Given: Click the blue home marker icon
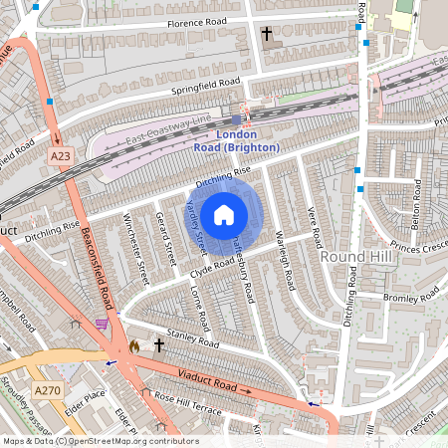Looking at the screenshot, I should (x=224, y=215).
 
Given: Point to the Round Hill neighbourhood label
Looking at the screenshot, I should (x=347, y=256).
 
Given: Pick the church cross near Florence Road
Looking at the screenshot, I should (x=266, y=34).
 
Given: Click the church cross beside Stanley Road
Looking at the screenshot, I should (x=158, y=344).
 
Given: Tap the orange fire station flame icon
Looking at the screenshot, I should (x=133, y=345).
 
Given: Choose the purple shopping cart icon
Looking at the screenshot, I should (x=100, y=324).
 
